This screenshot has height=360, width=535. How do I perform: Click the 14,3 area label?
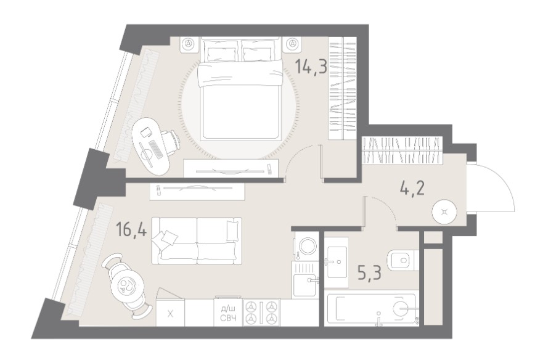(x=311, y=66)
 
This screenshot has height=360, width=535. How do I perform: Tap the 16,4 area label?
(x=131, y=229)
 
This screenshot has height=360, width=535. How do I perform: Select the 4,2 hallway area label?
(x=412, y=188)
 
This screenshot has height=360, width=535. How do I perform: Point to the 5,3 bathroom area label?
(x=370, y=272)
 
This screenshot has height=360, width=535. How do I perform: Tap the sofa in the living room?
(x=197, y=241)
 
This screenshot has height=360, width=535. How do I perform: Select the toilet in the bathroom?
(x=403, y=261)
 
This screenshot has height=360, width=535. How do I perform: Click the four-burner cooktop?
(x=261, y=313)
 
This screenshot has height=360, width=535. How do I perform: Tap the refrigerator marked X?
(x=170, y=313)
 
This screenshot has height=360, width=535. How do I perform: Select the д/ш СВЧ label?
(x=228, y=314)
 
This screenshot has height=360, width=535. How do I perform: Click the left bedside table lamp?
(x=189, y=44)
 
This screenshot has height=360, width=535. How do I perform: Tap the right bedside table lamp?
(x=292, y=44)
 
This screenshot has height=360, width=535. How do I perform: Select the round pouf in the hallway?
(x=444, y=212)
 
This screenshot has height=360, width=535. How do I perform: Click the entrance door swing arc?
(x=502, y=181)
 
